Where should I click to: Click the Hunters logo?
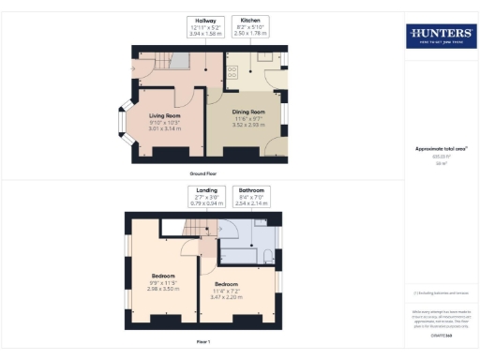click(x=440, y=37)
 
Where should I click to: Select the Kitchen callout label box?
click(x=250, y=25)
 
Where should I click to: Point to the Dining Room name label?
click(x=250, y=112)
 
